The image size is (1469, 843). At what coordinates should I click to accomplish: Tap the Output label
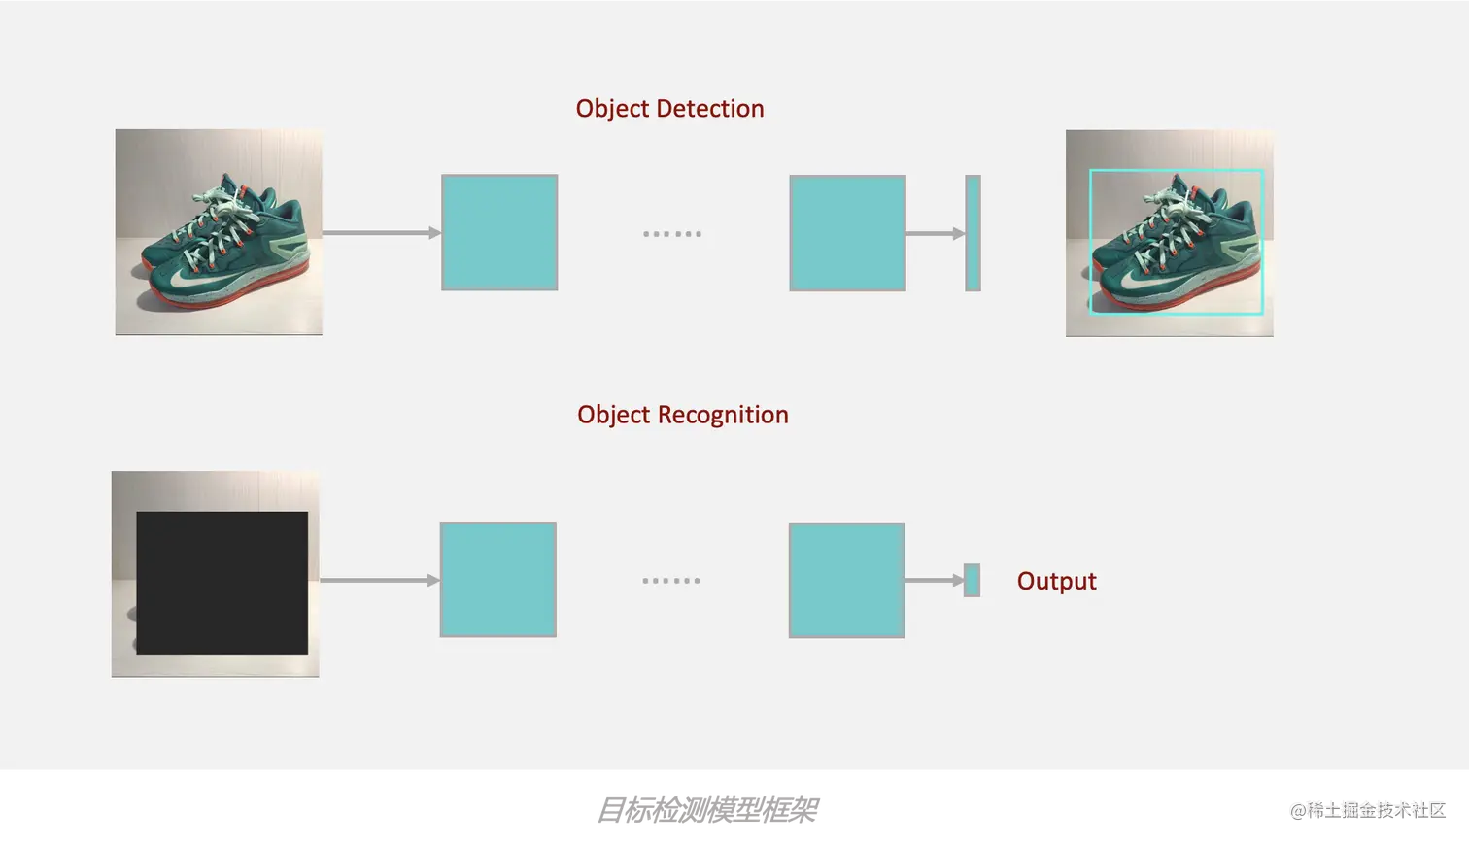click(x=1056, y=581)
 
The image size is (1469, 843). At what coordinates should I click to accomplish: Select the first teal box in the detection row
click(x=499, y=232)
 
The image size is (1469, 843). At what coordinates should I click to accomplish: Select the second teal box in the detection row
click(x=847, y=233)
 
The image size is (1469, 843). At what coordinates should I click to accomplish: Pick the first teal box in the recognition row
click(x=498, y=580)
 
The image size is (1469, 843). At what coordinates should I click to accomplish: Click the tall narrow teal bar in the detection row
click(x=973, y=233)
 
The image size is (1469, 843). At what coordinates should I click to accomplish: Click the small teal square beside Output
click(x=972, y=581)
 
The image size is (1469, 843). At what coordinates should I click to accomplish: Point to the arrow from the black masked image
click(x=379, y=580)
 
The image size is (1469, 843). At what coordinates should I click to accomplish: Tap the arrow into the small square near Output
click(x=934, y=581)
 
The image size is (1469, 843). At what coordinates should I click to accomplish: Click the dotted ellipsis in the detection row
click(x=671, y=234)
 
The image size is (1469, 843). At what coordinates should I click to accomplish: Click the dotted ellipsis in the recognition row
click(x=671, y=581)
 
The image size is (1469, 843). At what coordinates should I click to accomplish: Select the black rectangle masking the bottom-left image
click(x=222, y=583)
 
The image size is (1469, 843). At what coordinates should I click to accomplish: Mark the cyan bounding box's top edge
click(x=1176, y=171)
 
